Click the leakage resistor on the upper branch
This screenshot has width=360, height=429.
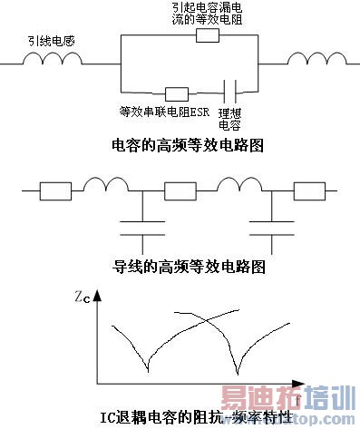click(207, 36)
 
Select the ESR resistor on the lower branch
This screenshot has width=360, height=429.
click(175, 93)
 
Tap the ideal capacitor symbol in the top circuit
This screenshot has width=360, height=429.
click(231, 92)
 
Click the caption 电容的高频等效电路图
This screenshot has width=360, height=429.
click(180, 145)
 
